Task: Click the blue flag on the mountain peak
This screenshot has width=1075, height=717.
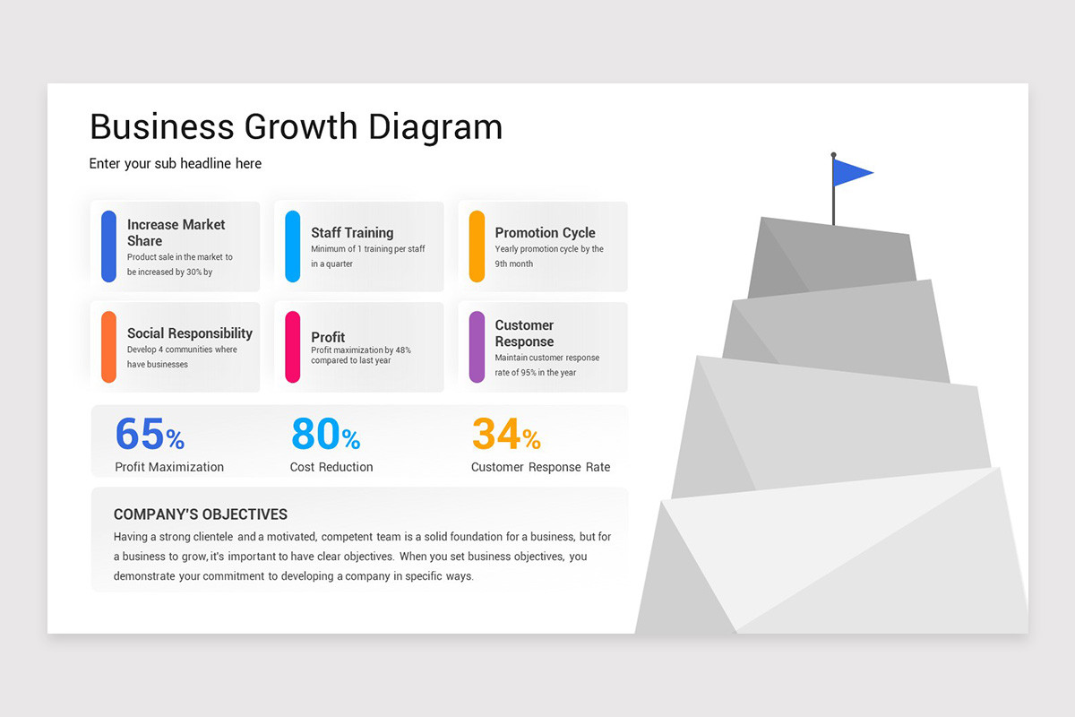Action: (x=851, y=172)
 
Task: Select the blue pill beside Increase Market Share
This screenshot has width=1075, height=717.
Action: (x=108, y=246)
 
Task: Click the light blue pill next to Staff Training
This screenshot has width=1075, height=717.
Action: (x=292, y=246)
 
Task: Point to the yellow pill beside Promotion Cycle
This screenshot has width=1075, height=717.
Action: (x=477, y=246)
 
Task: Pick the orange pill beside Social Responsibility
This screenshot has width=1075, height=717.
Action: (x=108, y=347)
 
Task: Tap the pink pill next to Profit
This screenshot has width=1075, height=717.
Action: (x=292, y=347)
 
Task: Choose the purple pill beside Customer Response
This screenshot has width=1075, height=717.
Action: (x=477, y=347)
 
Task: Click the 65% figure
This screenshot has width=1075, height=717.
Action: (x=150, y=435)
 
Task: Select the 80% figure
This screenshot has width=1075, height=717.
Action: (x=325, y=435)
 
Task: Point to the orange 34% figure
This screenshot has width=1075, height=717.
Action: (x=506, y=435)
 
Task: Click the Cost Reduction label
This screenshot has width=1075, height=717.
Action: (x=331, y=467)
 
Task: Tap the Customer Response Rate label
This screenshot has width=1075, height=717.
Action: (x=540, y=467)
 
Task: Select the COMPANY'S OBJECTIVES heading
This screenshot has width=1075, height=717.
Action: (x=201, y=514)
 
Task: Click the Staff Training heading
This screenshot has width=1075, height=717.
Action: (x=352, y=233)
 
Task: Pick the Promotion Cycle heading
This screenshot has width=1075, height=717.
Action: (x=545, y=233)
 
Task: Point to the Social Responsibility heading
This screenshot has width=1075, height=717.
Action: (x=190, y=333)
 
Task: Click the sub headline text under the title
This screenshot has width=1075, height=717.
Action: (x=176, y=164)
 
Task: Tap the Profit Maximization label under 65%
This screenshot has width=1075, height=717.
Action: (x=169, y=467)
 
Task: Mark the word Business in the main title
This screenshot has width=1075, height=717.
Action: (x=161, y=127)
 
